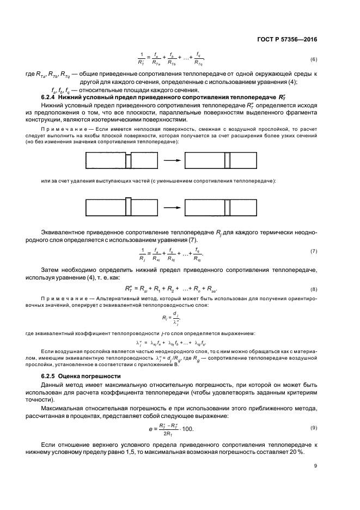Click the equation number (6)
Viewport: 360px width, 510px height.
coord(314,59)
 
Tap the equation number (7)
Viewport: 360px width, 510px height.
coord(314,251)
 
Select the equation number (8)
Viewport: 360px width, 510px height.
coord(314,289)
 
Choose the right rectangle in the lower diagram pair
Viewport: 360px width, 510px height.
coord(221,208)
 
